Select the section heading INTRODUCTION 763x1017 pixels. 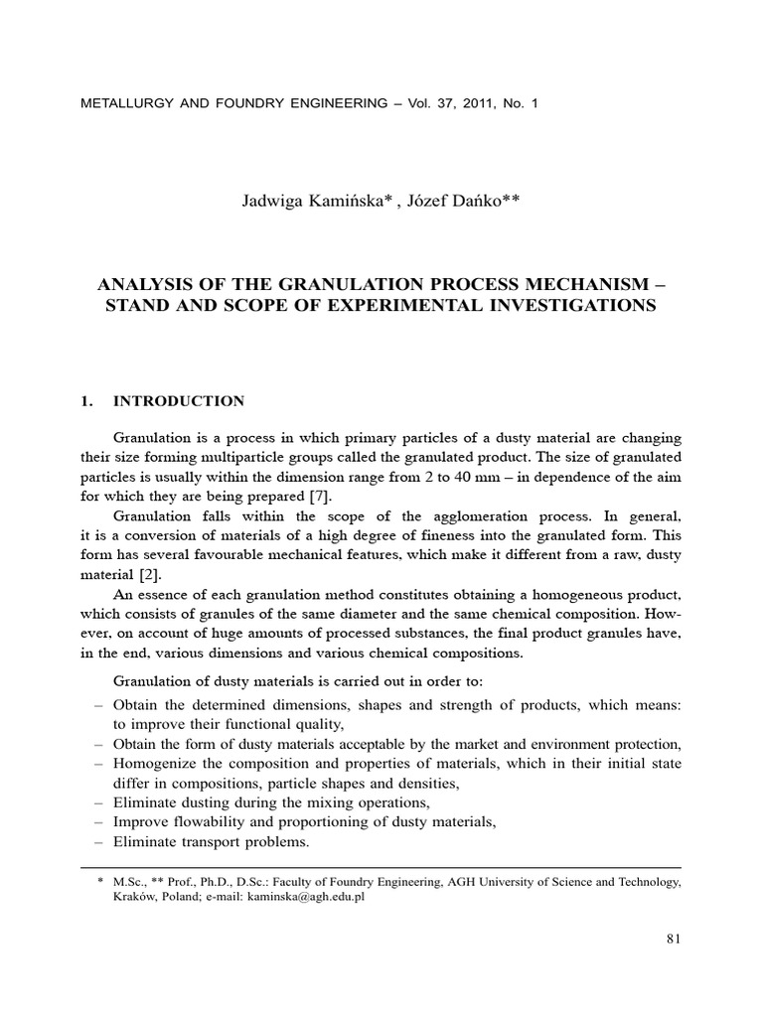[x=179, y=401]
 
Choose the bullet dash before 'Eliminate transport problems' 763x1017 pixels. [x=97, y=842]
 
